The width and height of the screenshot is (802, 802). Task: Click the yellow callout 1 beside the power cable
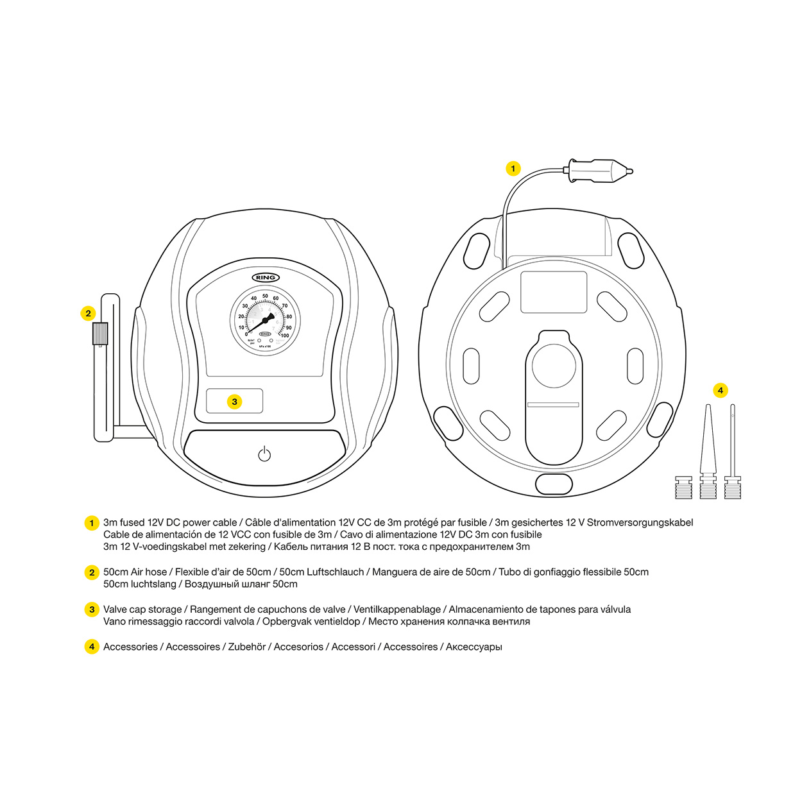513,169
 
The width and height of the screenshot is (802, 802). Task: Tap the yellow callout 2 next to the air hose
89,313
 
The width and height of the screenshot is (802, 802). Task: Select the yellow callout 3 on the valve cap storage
235,402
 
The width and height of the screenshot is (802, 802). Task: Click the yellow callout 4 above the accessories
720,390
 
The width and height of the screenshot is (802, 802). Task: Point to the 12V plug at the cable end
599,171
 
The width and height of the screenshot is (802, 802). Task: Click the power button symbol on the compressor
264,454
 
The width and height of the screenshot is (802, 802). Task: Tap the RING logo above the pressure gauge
265,278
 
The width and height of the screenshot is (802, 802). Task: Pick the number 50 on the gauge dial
265,296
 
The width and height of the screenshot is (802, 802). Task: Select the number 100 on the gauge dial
285,336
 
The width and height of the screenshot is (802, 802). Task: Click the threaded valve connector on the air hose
100,334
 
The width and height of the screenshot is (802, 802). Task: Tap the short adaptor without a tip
683,487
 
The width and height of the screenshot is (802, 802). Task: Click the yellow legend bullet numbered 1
92,523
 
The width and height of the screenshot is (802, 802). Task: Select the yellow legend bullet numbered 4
92,647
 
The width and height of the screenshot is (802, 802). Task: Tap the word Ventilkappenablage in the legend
397,610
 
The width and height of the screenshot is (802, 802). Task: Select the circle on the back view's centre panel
554,366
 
